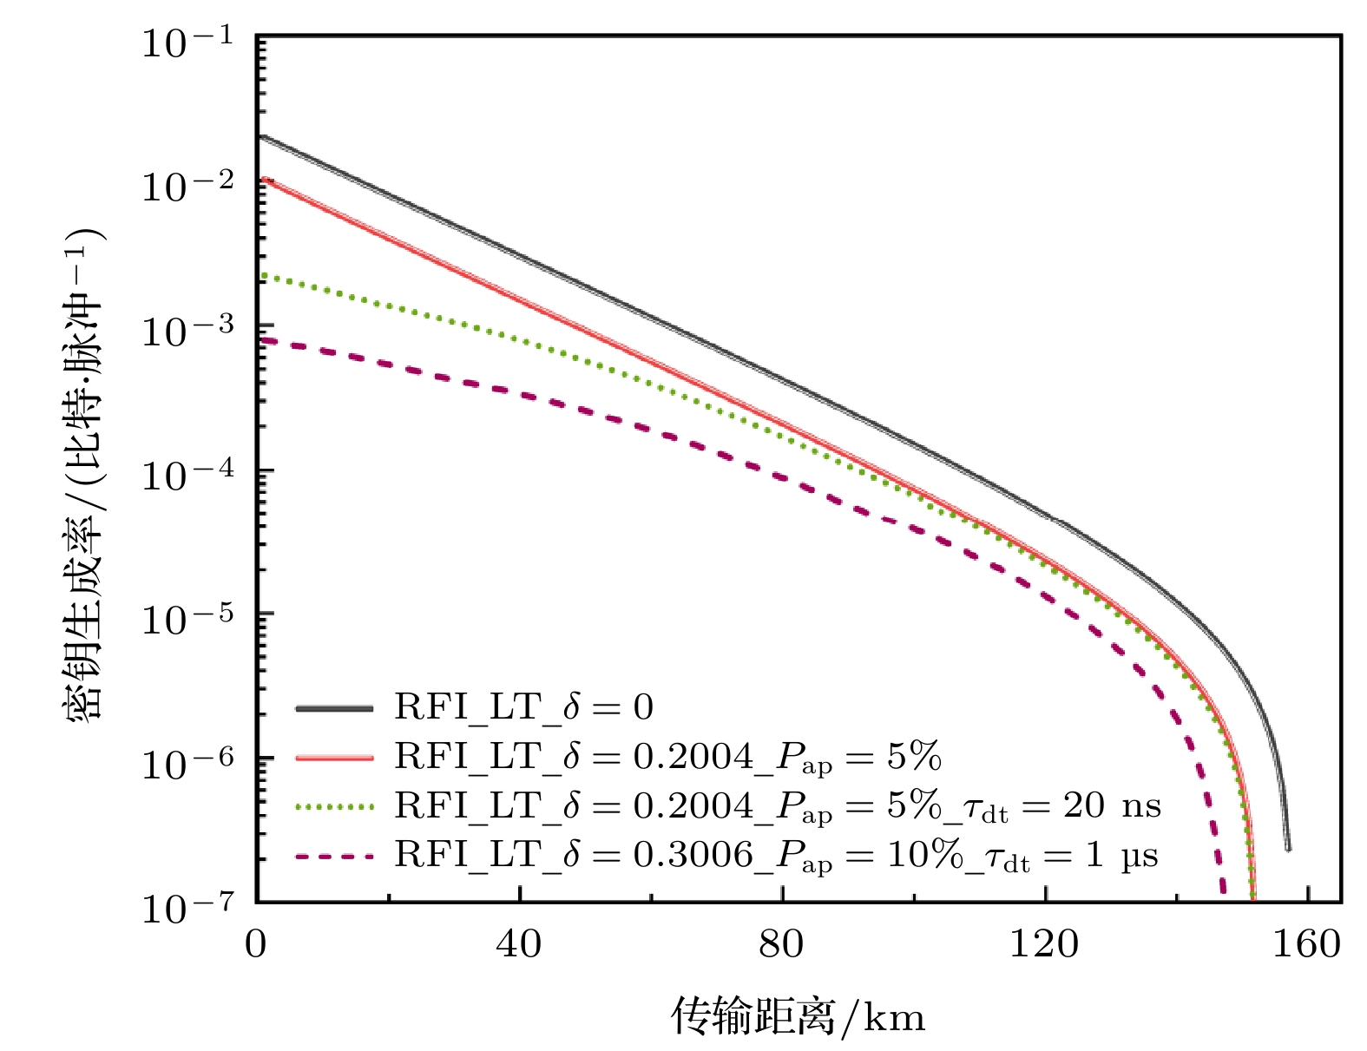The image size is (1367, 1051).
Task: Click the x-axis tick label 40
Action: [x=519, y=944]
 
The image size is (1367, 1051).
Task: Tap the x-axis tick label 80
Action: [x=781, y=944]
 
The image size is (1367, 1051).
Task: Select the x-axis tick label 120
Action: [x=1044, y=944]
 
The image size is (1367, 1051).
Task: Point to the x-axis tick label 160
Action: [x=1306, y=944]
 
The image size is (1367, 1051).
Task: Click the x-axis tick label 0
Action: [x=256, y=944]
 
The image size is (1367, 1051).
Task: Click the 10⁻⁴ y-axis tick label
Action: [x=187, y=474]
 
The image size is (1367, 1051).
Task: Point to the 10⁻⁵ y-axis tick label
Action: [x=187, y=618]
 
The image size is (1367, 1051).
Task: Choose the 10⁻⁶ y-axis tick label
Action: [x=187, y=763]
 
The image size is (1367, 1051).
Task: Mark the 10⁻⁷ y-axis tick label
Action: [x=187, y=907]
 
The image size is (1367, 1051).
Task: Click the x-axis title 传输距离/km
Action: [x=798, y=1015]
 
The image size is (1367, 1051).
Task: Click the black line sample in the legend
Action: [x=334, y=708]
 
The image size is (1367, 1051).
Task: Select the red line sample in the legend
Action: [x=334, y=758]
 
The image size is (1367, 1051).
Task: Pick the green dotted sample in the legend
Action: [x=334, y=807]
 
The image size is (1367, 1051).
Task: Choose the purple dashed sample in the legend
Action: [x=334, y=857]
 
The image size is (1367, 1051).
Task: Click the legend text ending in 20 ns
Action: [x=777, y=807]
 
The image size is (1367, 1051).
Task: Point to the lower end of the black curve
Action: [x=1287, y=848]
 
